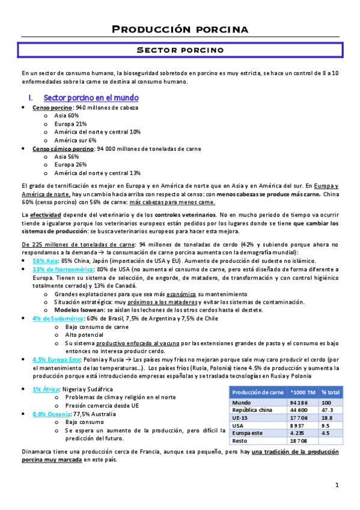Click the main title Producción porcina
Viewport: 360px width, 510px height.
[x=180, y=29]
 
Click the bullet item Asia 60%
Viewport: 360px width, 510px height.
[x=66, y=115]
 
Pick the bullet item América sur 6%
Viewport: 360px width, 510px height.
[x=75, y=140]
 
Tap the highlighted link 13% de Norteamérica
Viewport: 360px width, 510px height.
[x=58, y=270]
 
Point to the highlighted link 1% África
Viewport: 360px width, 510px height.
[x=46, y=389]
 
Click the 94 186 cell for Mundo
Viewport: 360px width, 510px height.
[x=299, y=402]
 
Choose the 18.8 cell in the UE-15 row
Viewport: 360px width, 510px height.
[x=328, y=418]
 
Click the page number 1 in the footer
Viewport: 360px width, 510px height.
[x=338, y=485]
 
